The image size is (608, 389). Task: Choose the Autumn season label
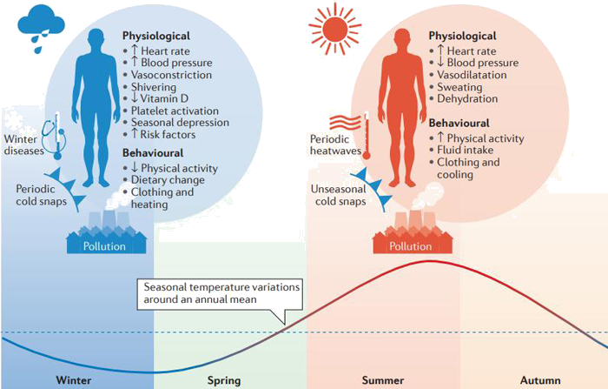point(540,380)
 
